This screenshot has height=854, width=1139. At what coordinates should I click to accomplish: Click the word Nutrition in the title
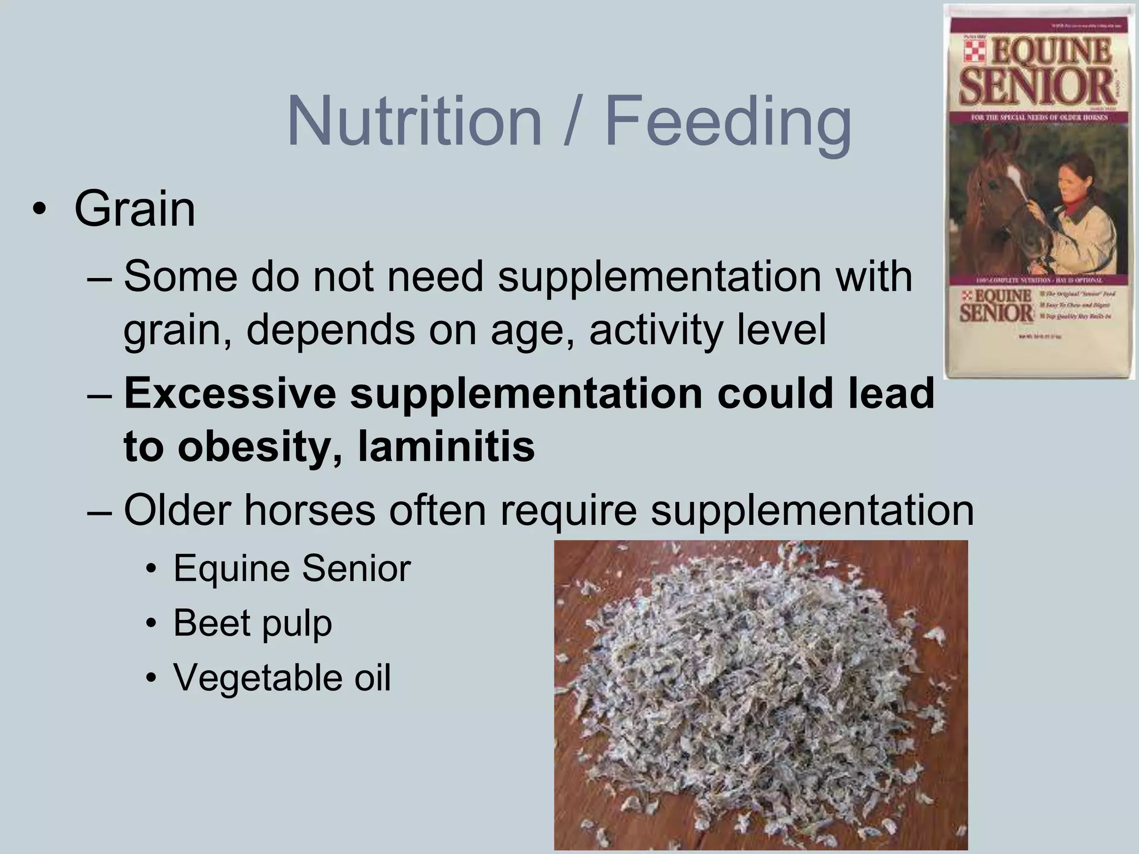click(414, 121)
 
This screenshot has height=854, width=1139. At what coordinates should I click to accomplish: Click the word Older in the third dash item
click(177, 510)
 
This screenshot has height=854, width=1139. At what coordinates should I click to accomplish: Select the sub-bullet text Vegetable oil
click(282, 677)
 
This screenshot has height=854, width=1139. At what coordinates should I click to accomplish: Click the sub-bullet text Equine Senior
click(291, 568)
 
